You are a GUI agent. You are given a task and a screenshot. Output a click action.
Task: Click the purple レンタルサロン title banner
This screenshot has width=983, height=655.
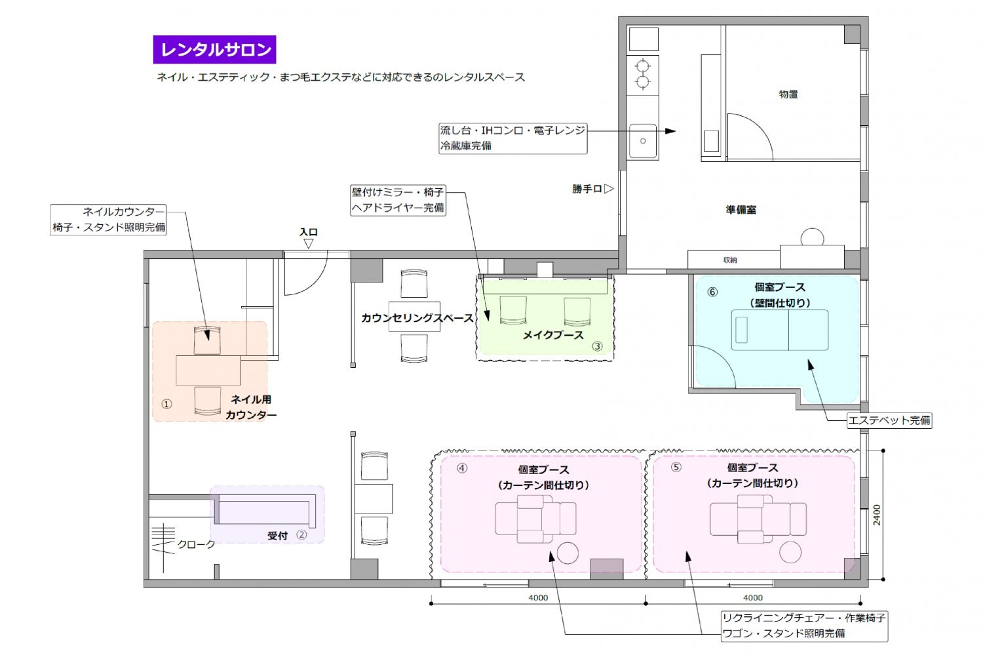pyautogui.click(x=214, y=50)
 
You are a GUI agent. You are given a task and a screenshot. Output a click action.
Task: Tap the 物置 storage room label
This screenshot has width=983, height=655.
pyautogui.click(x=788, y=94)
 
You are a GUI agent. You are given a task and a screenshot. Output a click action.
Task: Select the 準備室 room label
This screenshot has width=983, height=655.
pyautogui.click(x=741, y=210)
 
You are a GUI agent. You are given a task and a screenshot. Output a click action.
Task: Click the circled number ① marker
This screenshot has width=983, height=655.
pyautogui.click(x=166, y=404)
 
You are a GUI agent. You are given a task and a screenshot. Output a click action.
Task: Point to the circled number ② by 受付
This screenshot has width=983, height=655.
pyautogui.click(x=301, y=534)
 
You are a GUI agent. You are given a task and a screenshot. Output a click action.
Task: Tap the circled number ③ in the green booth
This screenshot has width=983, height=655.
pyautogui.click(x=597, y=346)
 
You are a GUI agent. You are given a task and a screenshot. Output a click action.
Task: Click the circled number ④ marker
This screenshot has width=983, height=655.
pyautogui.click(x=462, y=468)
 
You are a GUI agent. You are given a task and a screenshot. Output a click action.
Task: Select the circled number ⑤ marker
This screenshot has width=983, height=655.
pyautogui.click(x=676, y=467)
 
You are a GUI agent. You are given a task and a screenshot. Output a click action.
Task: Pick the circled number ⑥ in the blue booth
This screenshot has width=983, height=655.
pyautogui.click(x=712, y=292)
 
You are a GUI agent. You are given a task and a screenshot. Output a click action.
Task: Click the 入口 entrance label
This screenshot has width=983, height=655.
pyautogui.click(x=309, y=232)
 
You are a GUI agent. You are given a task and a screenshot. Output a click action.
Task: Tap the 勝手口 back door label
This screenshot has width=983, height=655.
pyautogui.click(x=587, y=189)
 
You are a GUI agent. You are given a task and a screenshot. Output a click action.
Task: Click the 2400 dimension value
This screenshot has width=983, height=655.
pyautogui.click(x=876, y=515)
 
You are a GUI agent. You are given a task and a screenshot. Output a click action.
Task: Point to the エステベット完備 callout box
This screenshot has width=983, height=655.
pyautogui.click(x=889, y=420)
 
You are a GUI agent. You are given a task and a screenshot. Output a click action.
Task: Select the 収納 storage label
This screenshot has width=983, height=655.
pyautogui.click(x=730, y=260)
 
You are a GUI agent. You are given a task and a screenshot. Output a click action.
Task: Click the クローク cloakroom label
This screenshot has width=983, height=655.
pyautogui.click(x=196, y=544)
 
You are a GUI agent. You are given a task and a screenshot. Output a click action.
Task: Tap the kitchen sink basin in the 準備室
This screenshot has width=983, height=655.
pyautogui.click(x=643, y=141)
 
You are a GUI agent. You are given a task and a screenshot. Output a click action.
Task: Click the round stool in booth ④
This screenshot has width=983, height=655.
pyautogui.click(x=568, y=553)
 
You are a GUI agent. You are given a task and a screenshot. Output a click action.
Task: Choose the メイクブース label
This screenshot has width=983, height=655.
pyautogui.click(x=553, y=335)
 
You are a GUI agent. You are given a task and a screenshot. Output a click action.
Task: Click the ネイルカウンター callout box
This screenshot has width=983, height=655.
pyautogui.click(x=108, y=220)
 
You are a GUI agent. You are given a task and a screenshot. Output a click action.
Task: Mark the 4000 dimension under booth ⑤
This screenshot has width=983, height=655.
pyautogui.click(x=752, y=597)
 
